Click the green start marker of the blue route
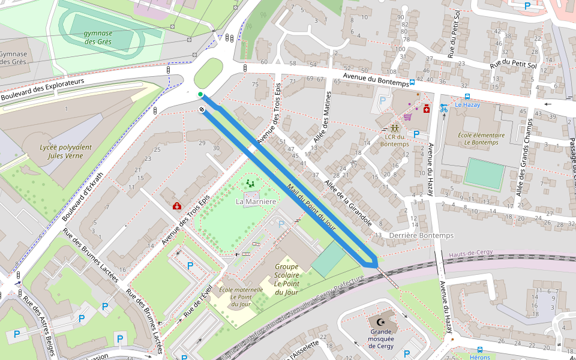click(200, 94)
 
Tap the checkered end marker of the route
click(202, 109)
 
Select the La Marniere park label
click(256, 201)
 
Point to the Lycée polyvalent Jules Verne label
click(65, 151)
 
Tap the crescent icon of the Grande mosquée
click(381, 321)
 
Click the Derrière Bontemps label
click(421, 235)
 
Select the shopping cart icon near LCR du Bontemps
click(407, 116)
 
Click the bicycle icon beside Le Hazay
click(444, 108)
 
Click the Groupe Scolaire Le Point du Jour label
click(286, 279)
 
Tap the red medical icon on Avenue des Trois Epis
click(177, 206)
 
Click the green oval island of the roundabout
click(208, 73)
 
